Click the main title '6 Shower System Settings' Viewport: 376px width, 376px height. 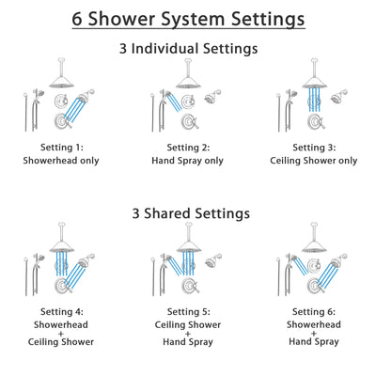[188, 19]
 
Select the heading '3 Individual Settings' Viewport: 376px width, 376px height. [188, 48]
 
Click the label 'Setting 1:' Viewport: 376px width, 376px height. [62, 148]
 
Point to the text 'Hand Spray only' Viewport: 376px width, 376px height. [188, 161]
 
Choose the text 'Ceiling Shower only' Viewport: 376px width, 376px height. [313, 161]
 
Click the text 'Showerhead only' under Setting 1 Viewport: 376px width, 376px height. [62, 161]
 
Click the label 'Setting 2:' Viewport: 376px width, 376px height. [188, 148]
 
